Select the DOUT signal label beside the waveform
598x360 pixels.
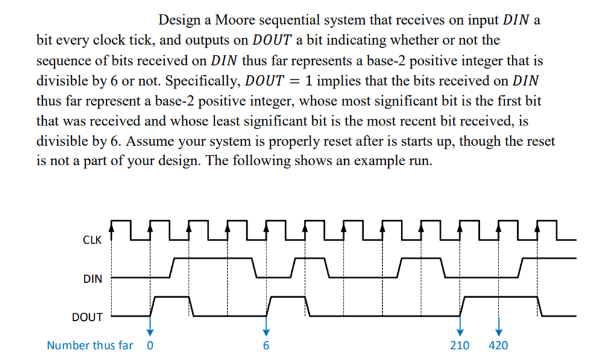pos(87,317)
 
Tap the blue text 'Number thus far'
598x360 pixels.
pos(90,346)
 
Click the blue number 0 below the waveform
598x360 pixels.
pos(150,346)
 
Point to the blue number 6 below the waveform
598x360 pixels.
pos(265,346)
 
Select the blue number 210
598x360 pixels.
pos(460,346)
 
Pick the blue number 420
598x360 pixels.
pos(498,346)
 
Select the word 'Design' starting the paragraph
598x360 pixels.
pos(179,21)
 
